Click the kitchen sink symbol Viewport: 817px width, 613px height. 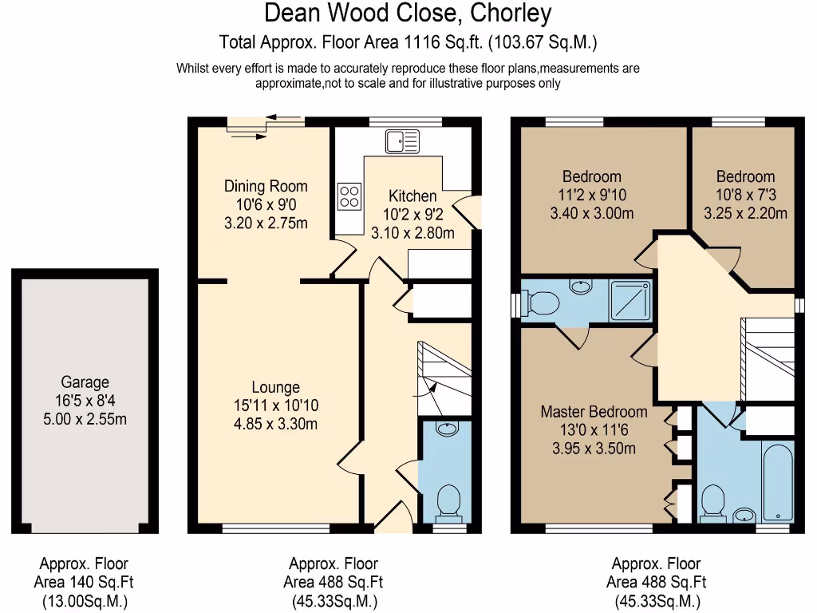click(x=402, y=141)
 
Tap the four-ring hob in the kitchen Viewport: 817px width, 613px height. click(x=349, y=196)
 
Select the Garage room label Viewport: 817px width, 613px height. click(x=85, y=382)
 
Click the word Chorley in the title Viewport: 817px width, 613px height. click(x=511, y=14)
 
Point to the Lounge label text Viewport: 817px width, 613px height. click(x=275, y=388)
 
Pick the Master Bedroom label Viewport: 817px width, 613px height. click(x=594, y=412)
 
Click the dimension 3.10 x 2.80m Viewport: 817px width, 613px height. click(x=412, y=233)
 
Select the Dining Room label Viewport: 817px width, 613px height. click(x=265, y=186)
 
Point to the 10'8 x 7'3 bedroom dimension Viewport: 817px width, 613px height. click(x=744, y=195)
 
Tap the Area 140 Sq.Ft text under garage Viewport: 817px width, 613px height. click(x=84, y=583)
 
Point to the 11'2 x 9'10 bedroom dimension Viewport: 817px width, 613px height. click(x=591, y=195)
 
